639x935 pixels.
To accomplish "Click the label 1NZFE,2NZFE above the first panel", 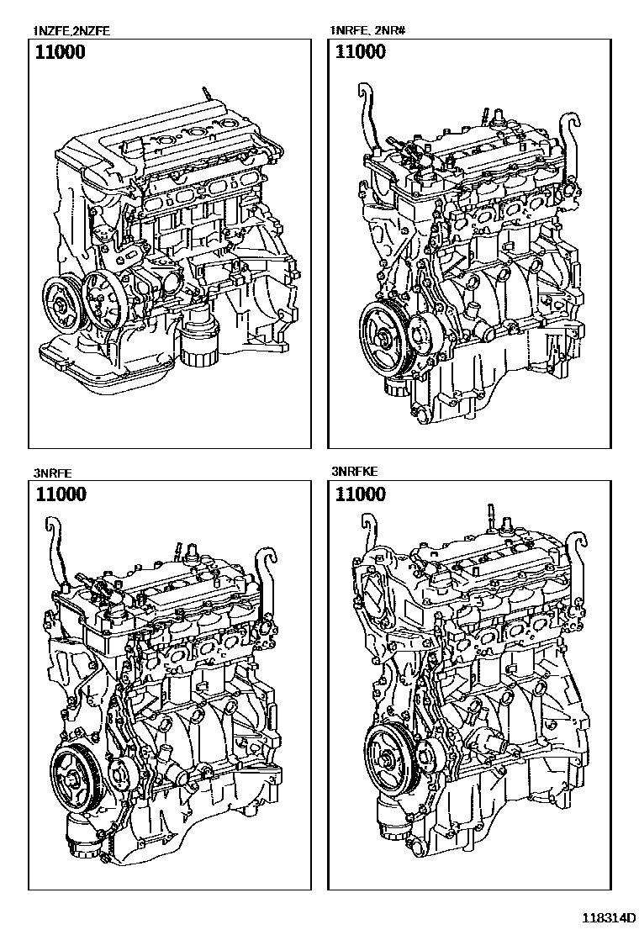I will [x=72, y=32].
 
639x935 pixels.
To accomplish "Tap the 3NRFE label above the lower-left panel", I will [x=51, y=473].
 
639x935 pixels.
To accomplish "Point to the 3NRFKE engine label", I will [x=355, y=473].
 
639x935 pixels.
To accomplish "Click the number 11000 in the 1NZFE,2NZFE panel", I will [x=60, y=52].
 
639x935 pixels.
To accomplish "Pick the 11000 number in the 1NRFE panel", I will [x=361, y=52].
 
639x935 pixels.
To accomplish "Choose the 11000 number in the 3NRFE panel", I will [x=60, y=494].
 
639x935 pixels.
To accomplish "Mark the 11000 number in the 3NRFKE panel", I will [x=361, y=494].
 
